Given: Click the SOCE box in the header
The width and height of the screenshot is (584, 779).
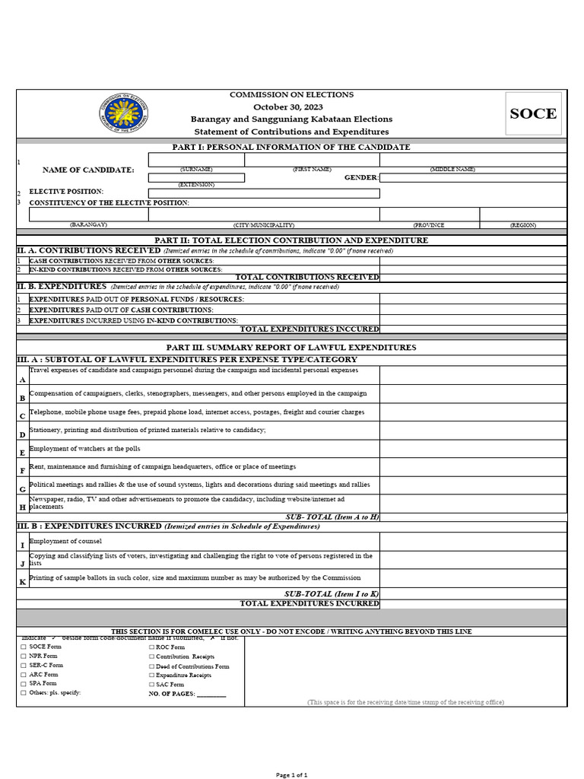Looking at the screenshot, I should tap(533, 113).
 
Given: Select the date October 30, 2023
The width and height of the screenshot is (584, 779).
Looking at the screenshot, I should tap(292, 107).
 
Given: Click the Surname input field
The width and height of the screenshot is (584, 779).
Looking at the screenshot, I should tap(196, 160).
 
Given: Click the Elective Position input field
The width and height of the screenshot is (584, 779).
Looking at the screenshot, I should tap(264, 192).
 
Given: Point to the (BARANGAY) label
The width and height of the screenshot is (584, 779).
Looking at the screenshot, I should tap(89, 225).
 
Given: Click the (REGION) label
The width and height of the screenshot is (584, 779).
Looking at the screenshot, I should tap(522, 225).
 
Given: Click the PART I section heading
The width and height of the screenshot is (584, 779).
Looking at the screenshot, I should tap(292, 147).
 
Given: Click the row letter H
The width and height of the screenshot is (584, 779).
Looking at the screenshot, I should tap(23, 507).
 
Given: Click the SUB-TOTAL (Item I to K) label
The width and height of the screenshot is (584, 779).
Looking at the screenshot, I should tap(332, 593).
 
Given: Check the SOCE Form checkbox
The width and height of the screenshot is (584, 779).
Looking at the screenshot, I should tap(24, 647).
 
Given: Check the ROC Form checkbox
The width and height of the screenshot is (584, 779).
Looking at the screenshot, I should tap(151, 647).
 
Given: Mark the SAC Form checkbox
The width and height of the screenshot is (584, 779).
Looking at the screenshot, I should tap(151, 684).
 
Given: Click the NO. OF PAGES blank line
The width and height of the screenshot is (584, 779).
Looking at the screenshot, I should tap(211, 694).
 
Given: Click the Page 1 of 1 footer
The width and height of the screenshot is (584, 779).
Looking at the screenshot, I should tap(291, 774).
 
